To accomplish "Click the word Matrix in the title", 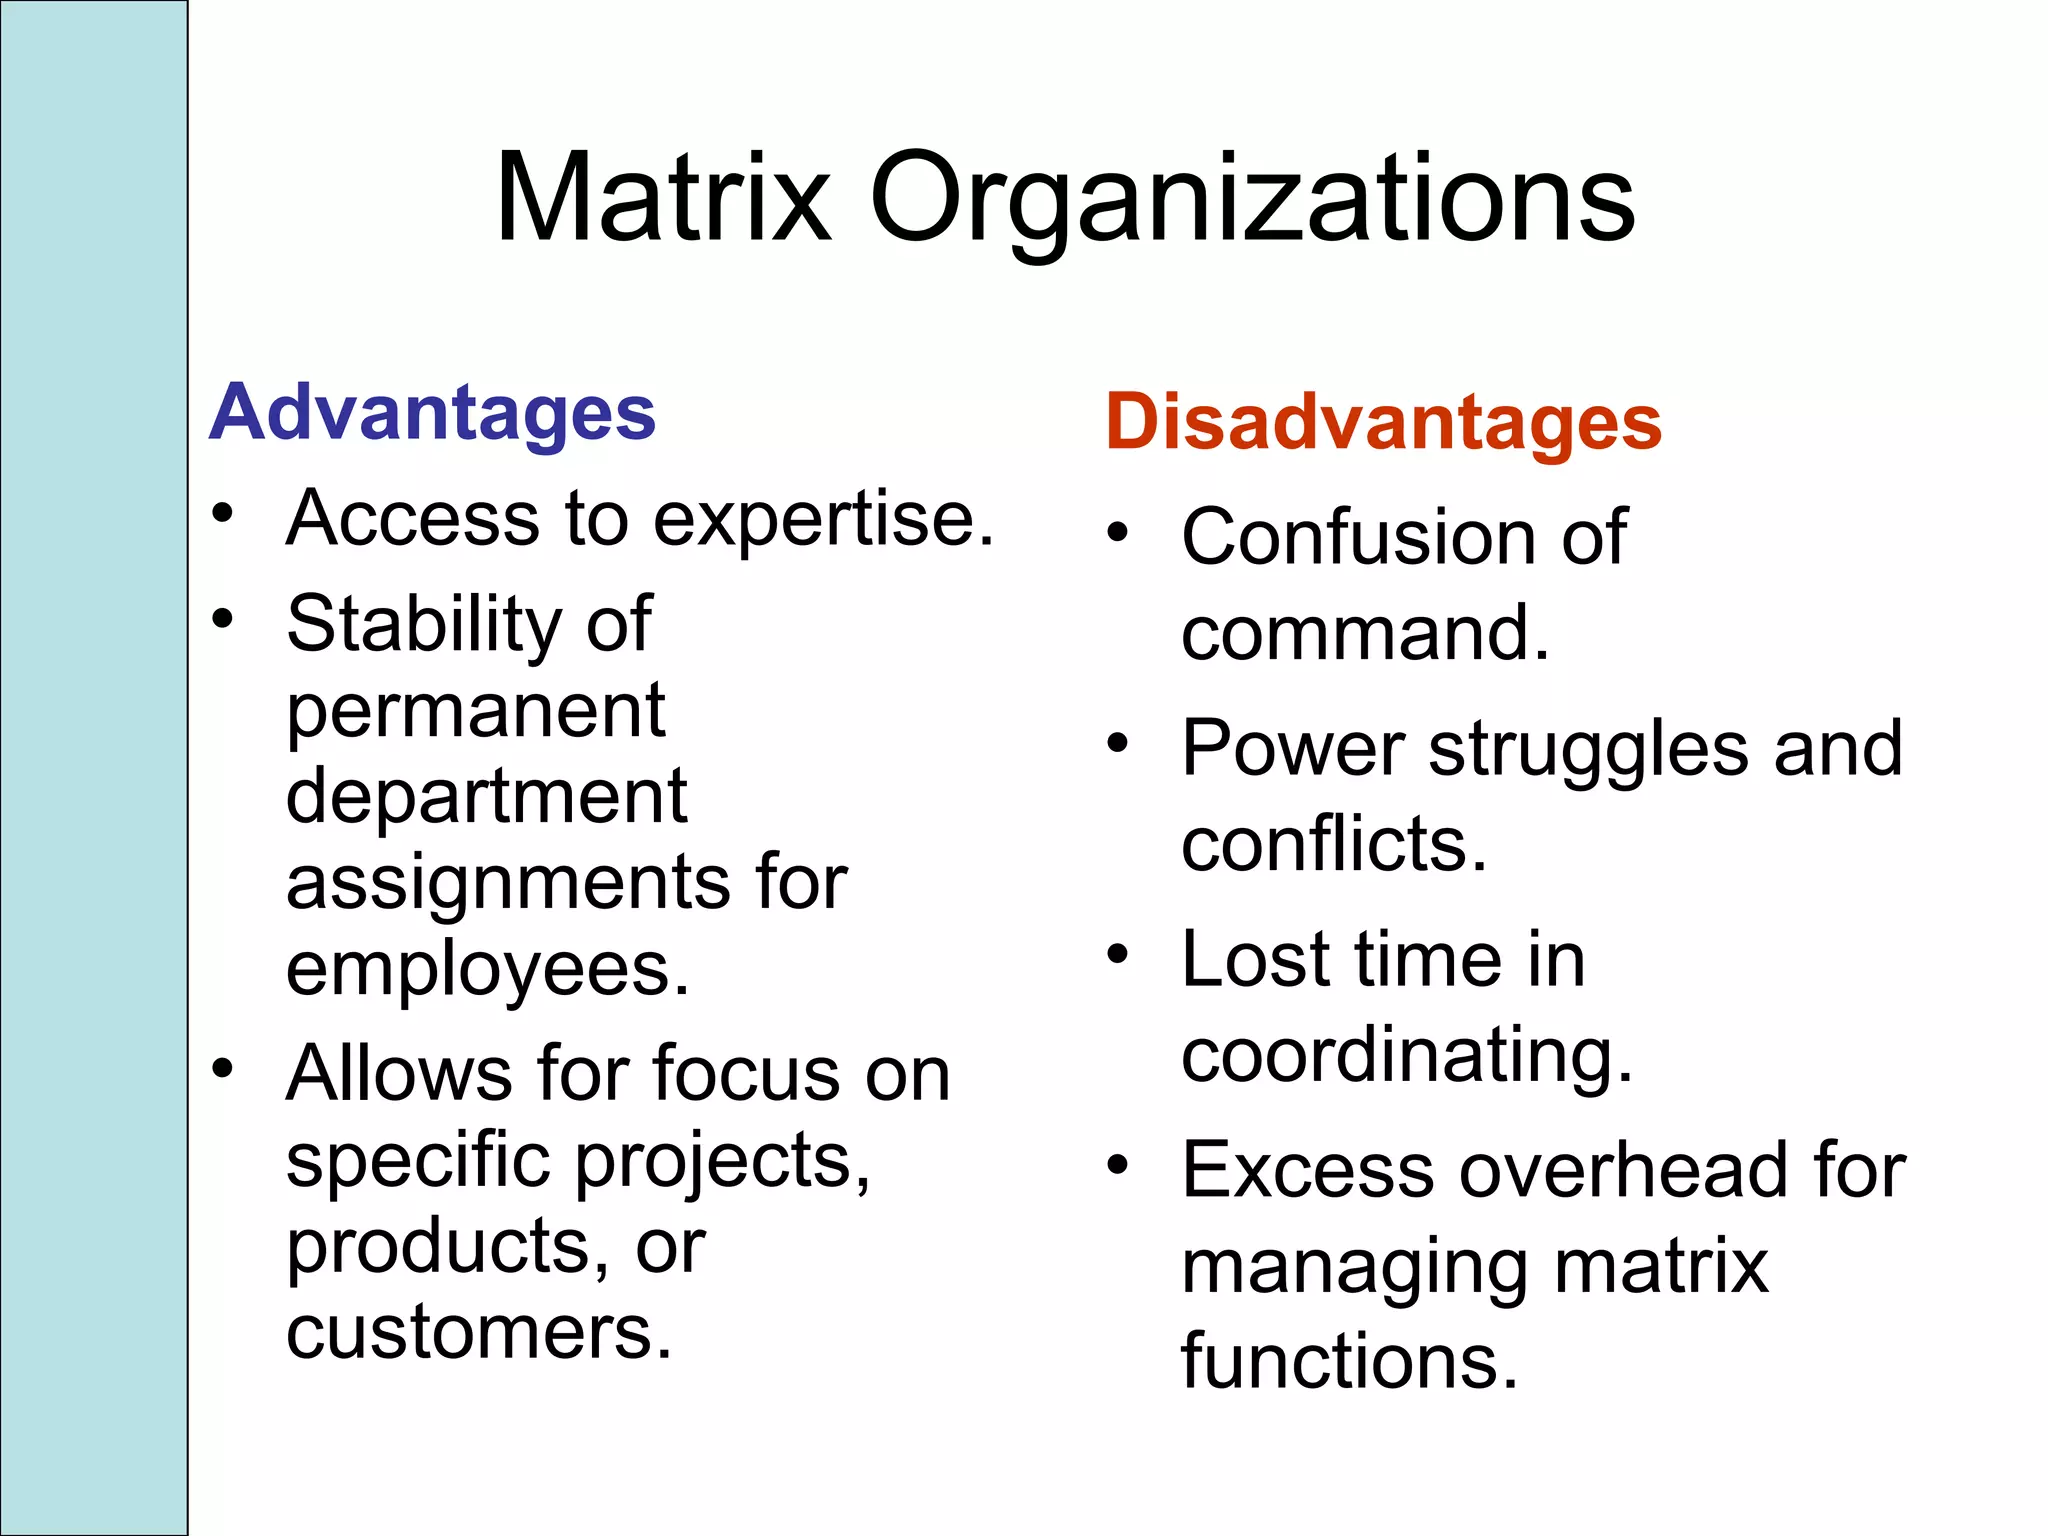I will (663, 197).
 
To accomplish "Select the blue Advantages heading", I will (432, 412).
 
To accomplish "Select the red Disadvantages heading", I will (1383, 422).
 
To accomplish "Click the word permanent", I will (476, 711).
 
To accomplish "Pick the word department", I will (486, 797).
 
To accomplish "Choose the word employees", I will (487, 969).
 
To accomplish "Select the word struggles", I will (1588, 750).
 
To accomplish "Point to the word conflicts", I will (1333, 844).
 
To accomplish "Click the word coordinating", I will (1406, 1056).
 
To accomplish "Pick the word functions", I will (1349, 1361).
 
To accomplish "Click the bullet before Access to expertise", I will (223, 515).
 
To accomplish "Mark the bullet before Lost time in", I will (1118, 955).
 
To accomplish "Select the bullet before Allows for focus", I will (223, 1069).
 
